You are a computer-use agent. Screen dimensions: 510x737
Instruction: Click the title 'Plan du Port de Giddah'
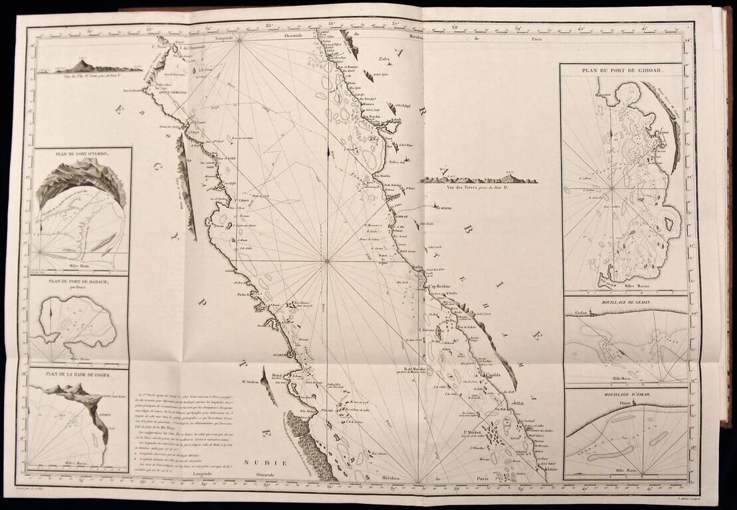(x=622, y=70)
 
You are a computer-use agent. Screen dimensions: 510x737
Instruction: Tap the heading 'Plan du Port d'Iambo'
(x=80, y=153)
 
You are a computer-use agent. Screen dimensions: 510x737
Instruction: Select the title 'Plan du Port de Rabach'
(x=78, y=282)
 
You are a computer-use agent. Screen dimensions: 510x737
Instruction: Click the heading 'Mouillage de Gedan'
(x=625, y=301)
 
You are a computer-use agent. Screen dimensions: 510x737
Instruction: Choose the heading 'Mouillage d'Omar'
(x=625, y=394)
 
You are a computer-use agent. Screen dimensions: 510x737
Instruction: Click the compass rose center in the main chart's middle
(x=326, y=261)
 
